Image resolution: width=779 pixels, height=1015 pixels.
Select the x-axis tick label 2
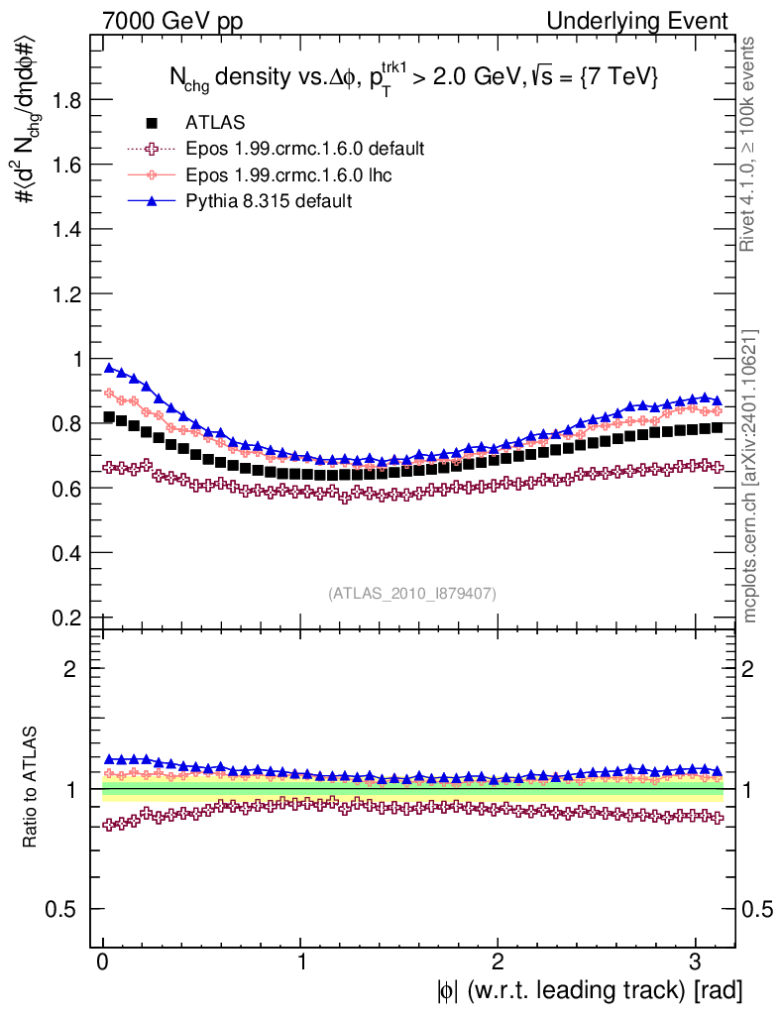pos(498,962)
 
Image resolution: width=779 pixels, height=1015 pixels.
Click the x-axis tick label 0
pos(103,962)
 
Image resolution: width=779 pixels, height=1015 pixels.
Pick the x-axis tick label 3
pos(695,962)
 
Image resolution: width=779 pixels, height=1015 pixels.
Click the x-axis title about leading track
pos(587,990)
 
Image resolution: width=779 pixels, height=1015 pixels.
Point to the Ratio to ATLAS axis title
pos(32,788)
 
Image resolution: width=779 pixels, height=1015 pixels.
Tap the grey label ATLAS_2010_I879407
pos(412,593)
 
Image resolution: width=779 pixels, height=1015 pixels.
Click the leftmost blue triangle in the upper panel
pos(109,368)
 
